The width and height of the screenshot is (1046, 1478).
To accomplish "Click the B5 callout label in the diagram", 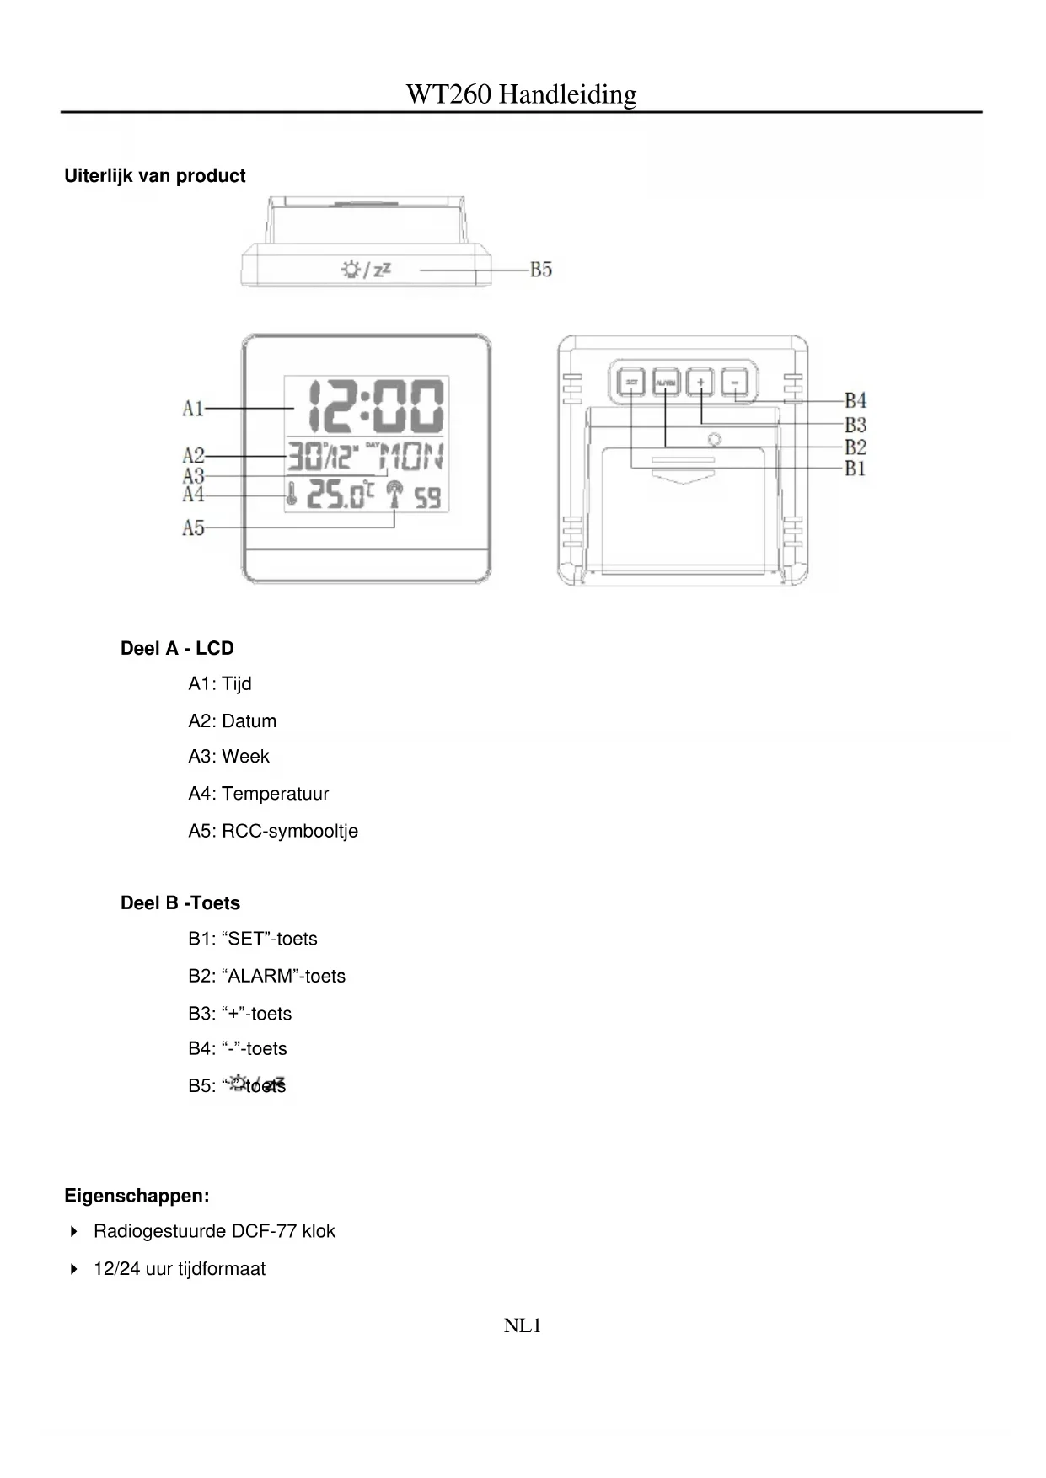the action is pyautogui.click(x=541, y=270).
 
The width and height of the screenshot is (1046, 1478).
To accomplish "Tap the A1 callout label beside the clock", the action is pyautogui.click(x=193, y=409).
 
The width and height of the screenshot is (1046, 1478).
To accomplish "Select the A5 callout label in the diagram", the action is pyautogui.click(x=193, y=528).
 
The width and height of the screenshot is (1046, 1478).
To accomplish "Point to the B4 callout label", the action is pyautogui.click(x=856, y=400).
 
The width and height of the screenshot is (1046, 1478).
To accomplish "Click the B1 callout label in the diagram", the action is pyautogui.click(x=856, y=469).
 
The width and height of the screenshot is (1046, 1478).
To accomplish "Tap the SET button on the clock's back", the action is pyautogui.click(x=631, y=383).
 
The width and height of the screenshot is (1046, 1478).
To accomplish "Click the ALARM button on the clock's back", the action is pyautogui.click(x=666, y=383).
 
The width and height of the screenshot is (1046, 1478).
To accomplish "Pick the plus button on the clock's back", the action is pyautogui.click(x=700, y=383).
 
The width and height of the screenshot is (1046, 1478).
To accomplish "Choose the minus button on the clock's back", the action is pyautogui.click(x=735, y=383).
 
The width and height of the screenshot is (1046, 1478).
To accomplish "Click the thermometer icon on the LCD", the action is pyautogui.click(x=291, y=494).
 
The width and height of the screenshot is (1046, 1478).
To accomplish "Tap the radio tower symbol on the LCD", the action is pyautogui.click(x=394, y=495).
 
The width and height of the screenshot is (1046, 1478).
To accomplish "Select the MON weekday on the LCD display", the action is pyautogui.click(x=411, y=458).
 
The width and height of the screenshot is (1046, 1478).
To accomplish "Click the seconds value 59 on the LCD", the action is pyautogui.click(x=428, y=498).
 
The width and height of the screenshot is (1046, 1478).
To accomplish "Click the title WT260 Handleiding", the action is pyautogui.click(x=522, y=94).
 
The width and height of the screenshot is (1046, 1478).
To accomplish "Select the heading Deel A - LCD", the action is pyautogui.click(x=177, y=649).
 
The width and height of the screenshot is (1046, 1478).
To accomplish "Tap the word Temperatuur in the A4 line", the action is pyautogui.click(x=275, y=794).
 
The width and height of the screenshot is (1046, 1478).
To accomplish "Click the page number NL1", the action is pyautogui.click(x=523, y=1326).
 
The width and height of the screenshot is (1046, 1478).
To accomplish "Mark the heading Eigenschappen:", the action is pyautogui.click(x=137, y=1197).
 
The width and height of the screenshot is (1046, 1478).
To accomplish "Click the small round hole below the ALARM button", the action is pyautogui.click(x=716, y=439).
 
